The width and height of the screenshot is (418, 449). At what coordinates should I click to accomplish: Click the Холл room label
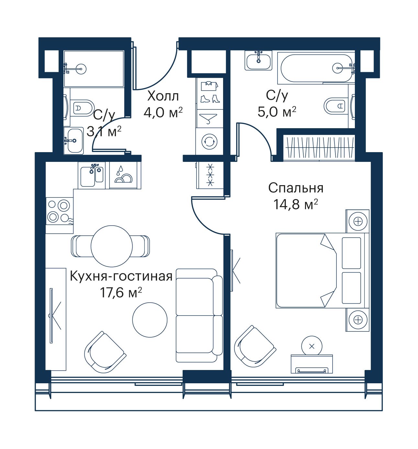pyautogui.click(x=163, y=96)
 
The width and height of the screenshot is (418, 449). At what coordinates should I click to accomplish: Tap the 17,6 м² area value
pyautogui.click(x=121, y=293)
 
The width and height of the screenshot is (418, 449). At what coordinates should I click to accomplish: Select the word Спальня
pyautogui.click(x=296, y=188)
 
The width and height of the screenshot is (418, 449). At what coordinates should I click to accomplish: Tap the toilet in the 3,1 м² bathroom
pyautogui.click(x=82, y=108)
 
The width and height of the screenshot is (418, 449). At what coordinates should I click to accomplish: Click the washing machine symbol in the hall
pyautogui.click(x=209, y=141)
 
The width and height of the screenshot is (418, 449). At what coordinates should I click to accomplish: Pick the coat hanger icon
pyautogui.click(x=208, y=118)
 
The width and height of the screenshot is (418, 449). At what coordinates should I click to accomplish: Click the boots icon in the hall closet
pyautogui.click(x=210, y=98)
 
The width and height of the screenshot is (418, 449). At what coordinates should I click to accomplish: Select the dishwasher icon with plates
pyautogui.click(x=123, y=175)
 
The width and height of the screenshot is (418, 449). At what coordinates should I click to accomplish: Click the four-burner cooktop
pyautogui.click(x=60, y=211)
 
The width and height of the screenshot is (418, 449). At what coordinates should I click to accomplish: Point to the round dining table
pyautogui.click(x=112, y=246)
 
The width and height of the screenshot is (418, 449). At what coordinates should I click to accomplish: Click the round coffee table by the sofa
pyautogui.click(x=150, y=320)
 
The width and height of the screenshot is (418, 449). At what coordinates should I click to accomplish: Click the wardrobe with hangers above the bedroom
pyautogui.click(x=319, y=148)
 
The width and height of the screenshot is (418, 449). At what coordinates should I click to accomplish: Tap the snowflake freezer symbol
pyautogui.click(x=210, y=175)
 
